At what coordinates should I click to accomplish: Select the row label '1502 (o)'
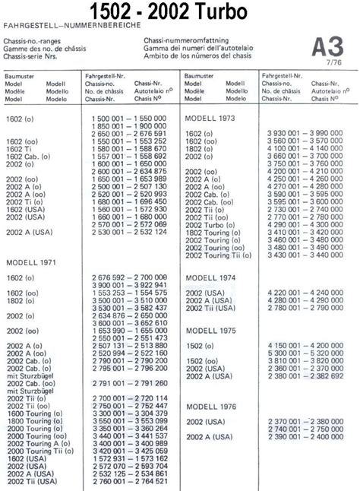198,360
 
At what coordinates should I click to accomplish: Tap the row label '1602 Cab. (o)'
27,157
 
